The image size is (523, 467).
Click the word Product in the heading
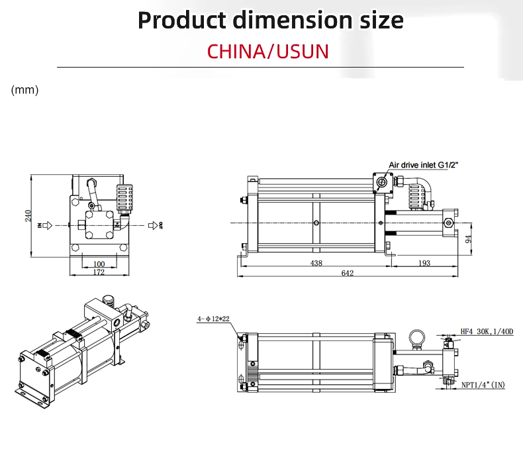(182, 21)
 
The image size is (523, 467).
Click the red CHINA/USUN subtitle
(268, 52)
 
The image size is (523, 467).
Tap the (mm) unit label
(24, 90)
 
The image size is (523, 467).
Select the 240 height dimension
(28, 216)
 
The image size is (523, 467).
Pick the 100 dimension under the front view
(99, 264)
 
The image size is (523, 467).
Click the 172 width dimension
(99, 272)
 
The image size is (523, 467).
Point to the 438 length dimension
(316, 264)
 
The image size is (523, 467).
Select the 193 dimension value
(424, 263)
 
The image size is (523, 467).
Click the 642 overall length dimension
(347, 273)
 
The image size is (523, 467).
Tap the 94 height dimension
(468, 239)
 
